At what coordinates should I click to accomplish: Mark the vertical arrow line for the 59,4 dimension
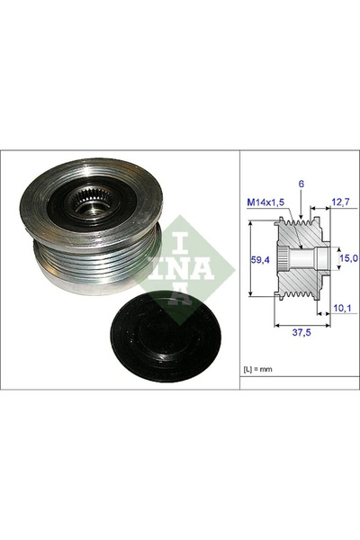click(x=248, y=259)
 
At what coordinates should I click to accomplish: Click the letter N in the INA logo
click(x=181, y=268)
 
